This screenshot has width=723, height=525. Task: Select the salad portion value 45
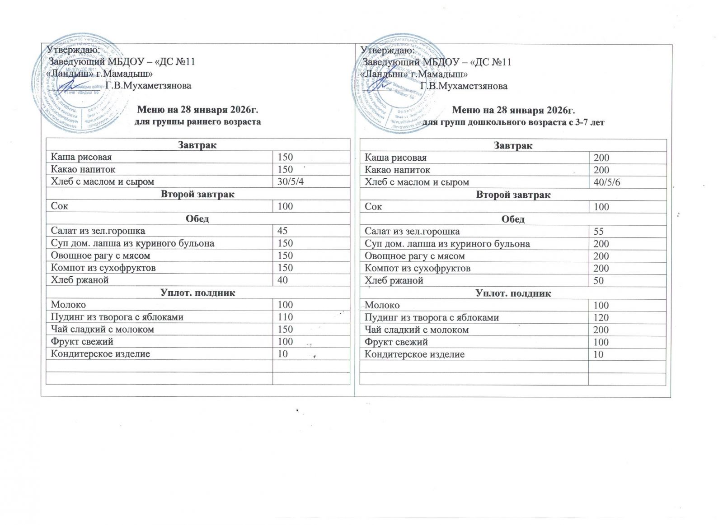pyautogui.click(x=282, y=231)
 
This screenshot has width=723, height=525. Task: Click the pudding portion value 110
pyautogui.click(x=285, y=317)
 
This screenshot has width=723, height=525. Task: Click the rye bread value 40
pyautogui.click(x=282, y=280)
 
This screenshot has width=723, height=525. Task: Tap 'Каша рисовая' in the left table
pyautogui.click(x=81, y=157)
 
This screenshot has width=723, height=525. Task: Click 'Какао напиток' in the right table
pyautogui.click(x=398, y=170)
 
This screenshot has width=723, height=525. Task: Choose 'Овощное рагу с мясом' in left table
pyautogui.click(x=100, y=256)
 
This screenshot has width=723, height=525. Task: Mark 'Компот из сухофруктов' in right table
pyautogui.click(x=418, y=268)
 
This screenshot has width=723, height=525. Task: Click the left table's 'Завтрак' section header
pyautogui.click(x=198, y=145)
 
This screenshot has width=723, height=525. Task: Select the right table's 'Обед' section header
pyautogui.click(x=513, y=219)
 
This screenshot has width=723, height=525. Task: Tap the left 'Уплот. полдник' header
pyautogui.click(x=198, y=293)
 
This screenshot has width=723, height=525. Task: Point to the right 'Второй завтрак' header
pyautogui.click(x=513, y=195)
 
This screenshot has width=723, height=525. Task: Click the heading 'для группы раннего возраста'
pyautogui.click(x=198, y=122)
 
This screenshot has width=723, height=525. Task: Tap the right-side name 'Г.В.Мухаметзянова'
pyautogui.click(x=464, y=86)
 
